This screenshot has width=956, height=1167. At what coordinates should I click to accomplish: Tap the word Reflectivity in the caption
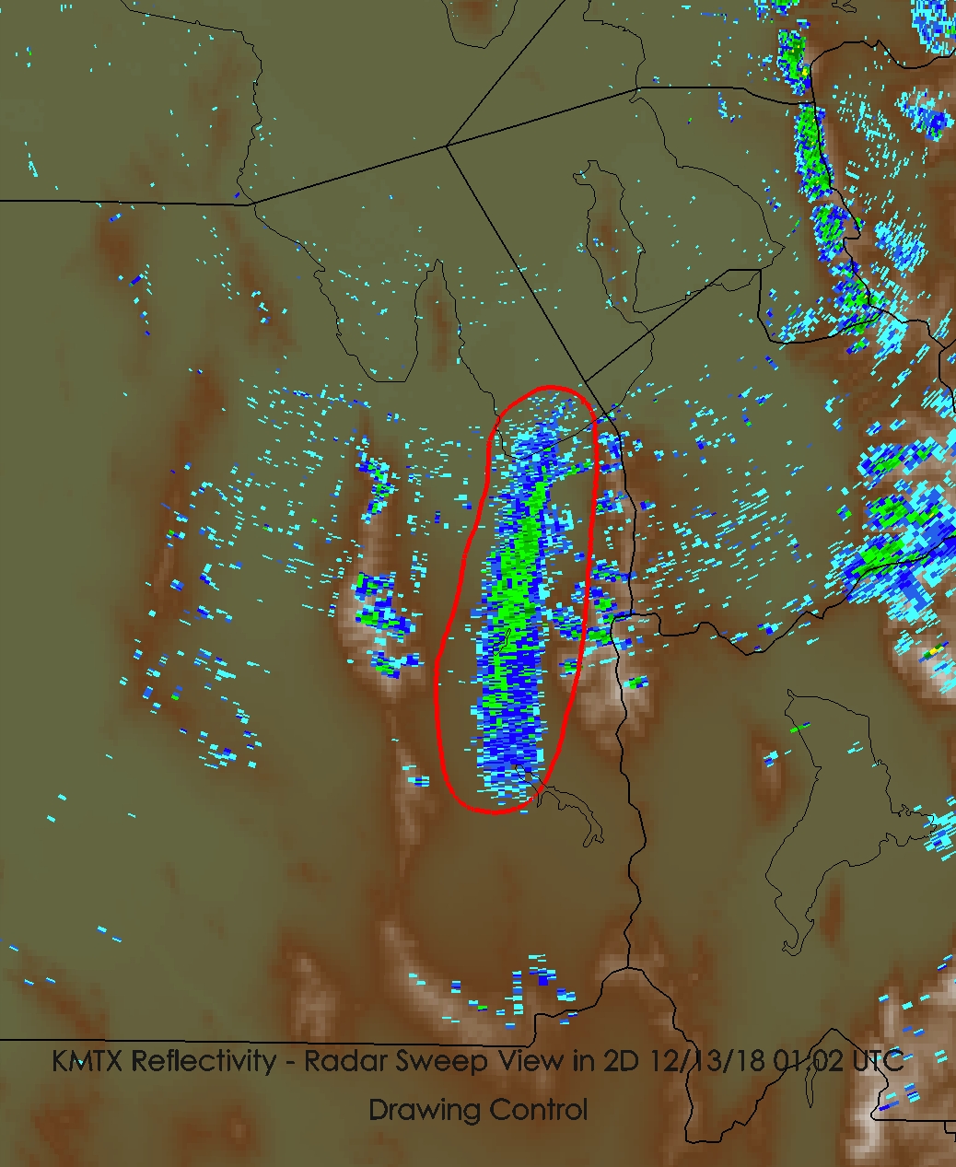pyautogui.click(x=204, y=1061)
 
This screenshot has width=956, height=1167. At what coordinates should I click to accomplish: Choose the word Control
pyautogui.click(x=537, y=1109)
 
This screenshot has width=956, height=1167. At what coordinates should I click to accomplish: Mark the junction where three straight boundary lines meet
pyautogui.click(x=447, y=146)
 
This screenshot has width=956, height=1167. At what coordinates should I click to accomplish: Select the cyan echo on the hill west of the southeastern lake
pyautogui.click(x=770, y=759)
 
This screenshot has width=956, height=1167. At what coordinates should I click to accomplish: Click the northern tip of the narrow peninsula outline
pyautogui.click(x=438, y=263)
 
